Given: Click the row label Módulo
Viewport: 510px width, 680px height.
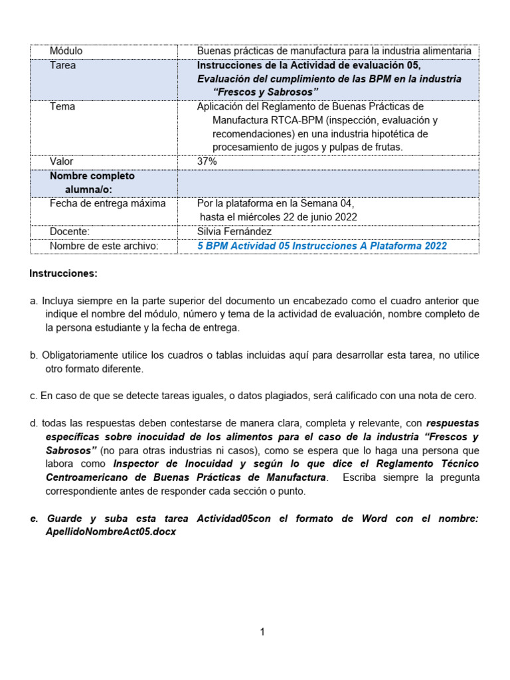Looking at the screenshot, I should (x=66, y=51).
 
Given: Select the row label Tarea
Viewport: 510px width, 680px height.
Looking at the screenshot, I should (x=62, y=65).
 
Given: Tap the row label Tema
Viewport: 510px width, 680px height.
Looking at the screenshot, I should (x=62, y=106).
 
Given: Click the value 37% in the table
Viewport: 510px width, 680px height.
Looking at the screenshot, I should (x=207, y=161).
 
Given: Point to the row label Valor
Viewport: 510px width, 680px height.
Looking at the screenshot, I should (x=62, y=161).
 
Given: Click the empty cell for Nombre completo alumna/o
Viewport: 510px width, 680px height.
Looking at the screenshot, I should (x=327, y=183).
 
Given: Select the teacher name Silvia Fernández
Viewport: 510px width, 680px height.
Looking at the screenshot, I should (x=234, y=231).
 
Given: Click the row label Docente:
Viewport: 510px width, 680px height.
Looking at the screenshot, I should (x=69, y=231).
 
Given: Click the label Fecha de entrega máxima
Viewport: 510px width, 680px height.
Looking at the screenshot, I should (x=108, y=203).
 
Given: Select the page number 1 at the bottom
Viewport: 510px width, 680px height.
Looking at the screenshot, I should (x=262, y=632).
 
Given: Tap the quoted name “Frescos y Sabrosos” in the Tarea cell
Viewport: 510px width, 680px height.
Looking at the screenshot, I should (x=266, y=92).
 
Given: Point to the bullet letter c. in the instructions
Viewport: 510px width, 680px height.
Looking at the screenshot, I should (x=33, y=396).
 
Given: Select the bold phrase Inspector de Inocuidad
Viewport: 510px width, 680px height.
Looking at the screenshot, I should (x=169, y=464).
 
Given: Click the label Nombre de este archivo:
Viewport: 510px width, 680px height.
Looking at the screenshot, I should (x=104, y=246).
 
